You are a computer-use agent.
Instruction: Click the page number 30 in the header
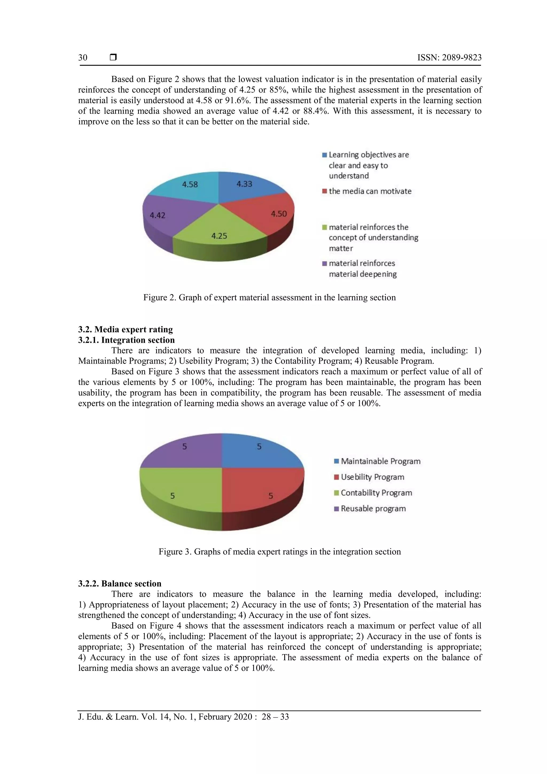coord(83,58)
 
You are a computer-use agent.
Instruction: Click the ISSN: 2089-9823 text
coord(449,58)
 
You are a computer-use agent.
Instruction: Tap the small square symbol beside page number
coord(113,57)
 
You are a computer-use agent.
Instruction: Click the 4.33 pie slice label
coord(244,184)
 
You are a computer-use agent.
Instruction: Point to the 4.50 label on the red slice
coord(279,214)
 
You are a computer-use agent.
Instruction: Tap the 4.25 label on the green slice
coord(219,236)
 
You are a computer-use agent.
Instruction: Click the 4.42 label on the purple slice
coord(158,215)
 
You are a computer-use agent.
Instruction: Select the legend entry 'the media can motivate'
coord(370,191)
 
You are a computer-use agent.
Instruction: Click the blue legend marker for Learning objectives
coord(325,155)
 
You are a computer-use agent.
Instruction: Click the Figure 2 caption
coord(269,297)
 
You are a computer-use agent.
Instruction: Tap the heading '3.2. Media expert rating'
coord(125,329)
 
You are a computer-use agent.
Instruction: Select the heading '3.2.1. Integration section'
coord(126,340)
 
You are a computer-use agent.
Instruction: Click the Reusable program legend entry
coord(373,508)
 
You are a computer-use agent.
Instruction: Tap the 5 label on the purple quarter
coord(184,447)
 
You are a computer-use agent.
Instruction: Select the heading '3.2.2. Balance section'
coord(120,584)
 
